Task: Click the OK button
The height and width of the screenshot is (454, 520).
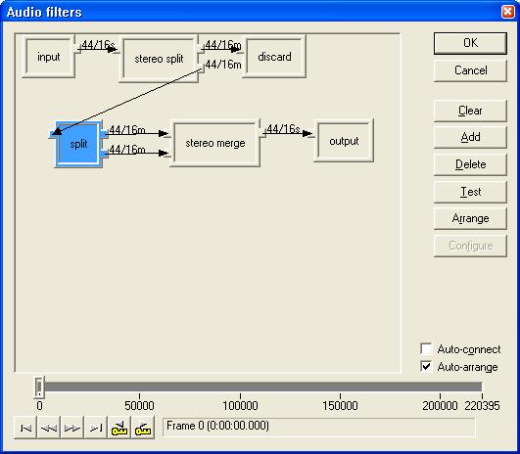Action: [470, 43]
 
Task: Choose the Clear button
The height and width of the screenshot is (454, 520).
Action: [470, 111]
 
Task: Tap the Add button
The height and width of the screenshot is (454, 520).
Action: [470, 137]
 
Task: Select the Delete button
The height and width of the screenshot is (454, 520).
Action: [470, 164]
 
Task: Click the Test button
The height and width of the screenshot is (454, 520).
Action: [470, 192]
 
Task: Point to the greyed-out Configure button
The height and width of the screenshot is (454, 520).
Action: [470, 246]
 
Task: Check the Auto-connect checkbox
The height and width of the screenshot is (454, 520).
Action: [426, 349]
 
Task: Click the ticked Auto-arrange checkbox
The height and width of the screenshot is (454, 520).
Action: [426, 367]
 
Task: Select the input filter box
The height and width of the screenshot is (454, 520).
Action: [49, 57]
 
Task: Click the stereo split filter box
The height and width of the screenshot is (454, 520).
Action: [159, 59]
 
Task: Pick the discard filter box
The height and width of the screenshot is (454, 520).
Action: [274, 57]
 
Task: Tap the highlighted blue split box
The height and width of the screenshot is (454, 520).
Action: [78, 144]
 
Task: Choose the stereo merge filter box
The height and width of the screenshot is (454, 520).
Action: [215, 143]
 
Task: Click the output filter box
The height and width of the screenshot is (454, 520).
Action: [344, 141]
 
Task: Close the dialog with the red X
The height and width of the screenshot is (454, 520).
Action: [507, 12]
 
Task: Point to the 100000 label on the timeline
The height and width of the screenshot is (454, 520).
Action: [240, 406]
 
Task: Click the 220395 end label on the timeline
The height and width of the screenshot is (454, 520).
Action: [482, 406]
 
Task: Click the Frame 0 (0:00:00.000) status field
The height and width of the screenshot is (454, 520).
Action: [318, 427]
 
